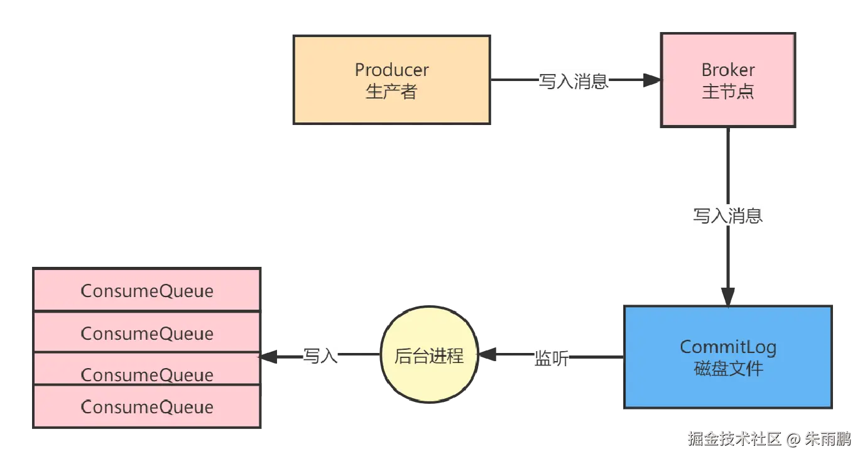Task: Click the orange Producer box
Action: point(391,80)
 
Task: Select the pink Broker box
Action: point(727,80)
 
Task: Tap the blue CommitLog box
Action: point(727,357)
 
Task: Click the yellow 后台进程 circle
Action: point(429,356)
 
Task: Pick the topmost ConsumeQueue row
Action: point(146,290)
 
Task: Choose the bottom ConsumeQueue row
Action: point(146,407)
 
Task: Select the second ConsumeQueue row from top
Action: point(146,332)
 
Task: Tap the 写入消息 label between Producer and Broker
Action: point(574,81)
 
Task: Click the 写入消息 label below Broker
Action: point(727,215)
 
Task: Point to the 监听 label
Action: point(552,357)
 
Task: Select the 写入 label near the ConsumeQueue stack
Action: point(320,356)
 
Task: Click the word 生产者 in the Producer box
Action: point(391,92)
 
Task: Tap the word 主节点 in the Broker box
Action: point(727,92)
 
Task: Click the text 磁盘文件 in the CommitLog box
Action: point(727,368)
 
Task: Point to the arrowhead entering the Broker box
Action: point(650,80)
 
